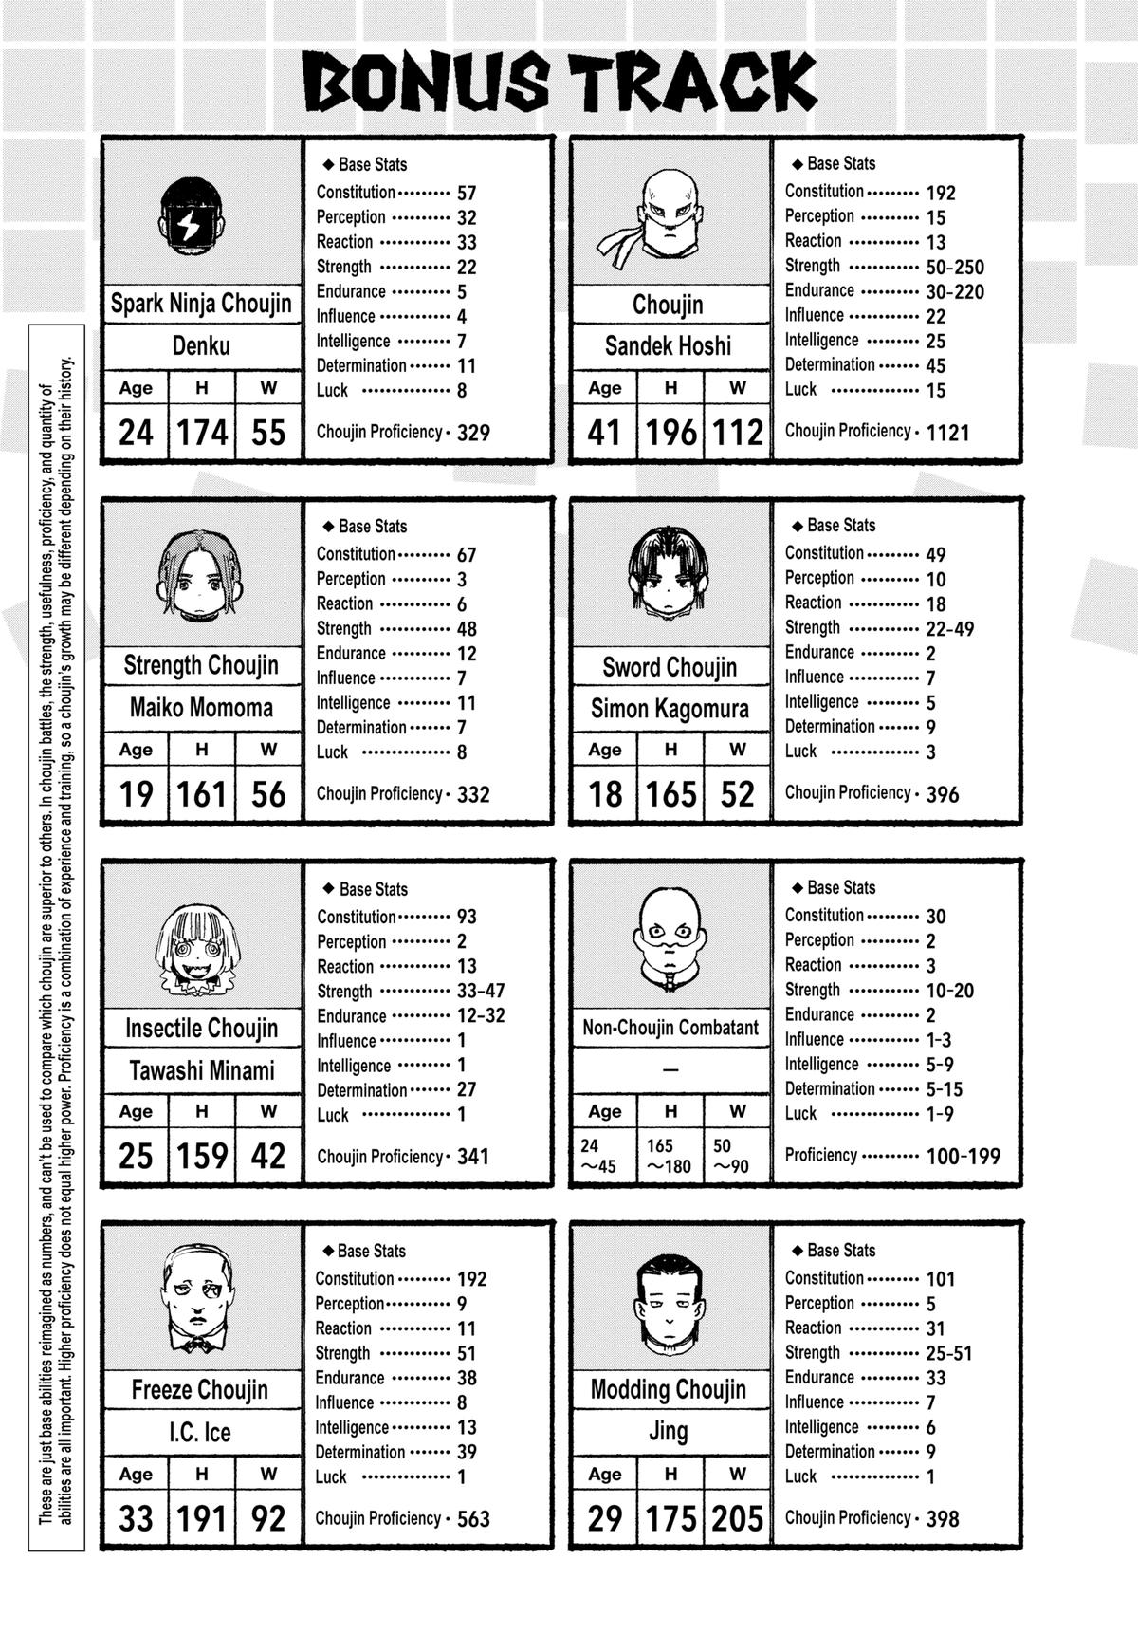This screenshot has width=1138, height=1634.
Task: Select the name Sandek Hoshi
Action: (668, 346)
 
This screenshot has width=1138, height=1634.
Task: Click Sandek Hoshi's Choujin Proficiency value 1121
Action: (947, 433)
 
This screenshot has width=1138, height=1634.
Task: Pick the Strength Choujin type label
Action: (201, 666)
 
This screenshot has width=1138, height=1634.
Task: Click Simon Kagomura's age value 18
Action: (605, 794)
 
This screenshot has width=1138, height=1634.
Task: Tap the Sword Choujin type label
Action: (669, 668)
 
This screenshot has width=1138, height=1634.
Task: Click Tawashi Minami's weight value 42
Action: (268, 1156)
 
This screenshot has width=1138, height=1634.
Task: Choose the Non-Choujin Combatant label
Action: (670, 1028)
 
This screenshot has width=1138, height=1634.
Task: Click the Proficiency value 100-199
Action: (963, 1157)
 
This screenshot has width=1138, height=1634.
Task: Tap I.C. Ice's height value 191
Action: (201, 1518)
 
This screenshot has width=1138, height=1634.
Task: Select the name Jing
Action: (668, 1431)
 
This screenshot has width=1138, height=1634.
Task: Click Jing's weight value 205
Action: (737, 1518)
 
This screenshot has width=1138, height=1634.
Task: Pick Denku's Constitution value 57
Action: (467, 193)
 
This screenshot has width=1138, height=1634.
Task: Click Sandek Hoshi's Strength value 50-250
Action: (955, 268)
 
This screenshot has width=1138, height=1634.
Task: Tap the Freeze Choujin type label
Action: (199, 1391)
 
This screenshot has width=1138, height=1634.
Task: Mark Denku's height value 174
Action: (202, 433)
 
